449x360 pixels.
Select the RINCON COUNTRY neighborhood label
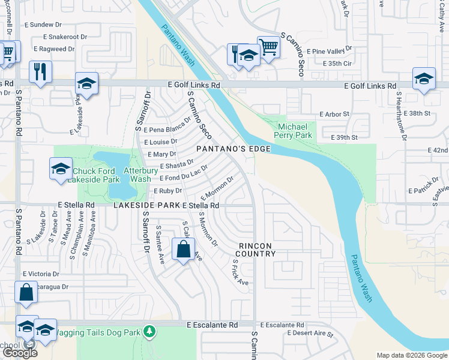pos(256,250)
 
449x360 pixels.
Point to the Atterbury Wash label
pos(137,175)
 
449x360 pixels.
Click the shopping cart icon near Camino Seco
pos(269,47)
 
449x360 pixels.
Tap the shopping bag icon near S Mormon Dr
pos(183,249)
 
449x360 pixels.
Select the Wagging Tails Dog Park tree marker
pos(149,331)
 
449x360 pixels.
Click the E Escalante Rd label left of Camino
pos(212,325)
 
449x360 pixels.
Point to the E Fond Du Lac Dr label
pos(183,174)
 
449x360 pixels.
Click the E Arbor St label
pos(334,113)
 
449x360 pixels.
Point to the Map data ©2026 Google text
pos(412,355)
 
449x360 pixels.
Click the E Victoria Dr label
pos(41,274)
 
